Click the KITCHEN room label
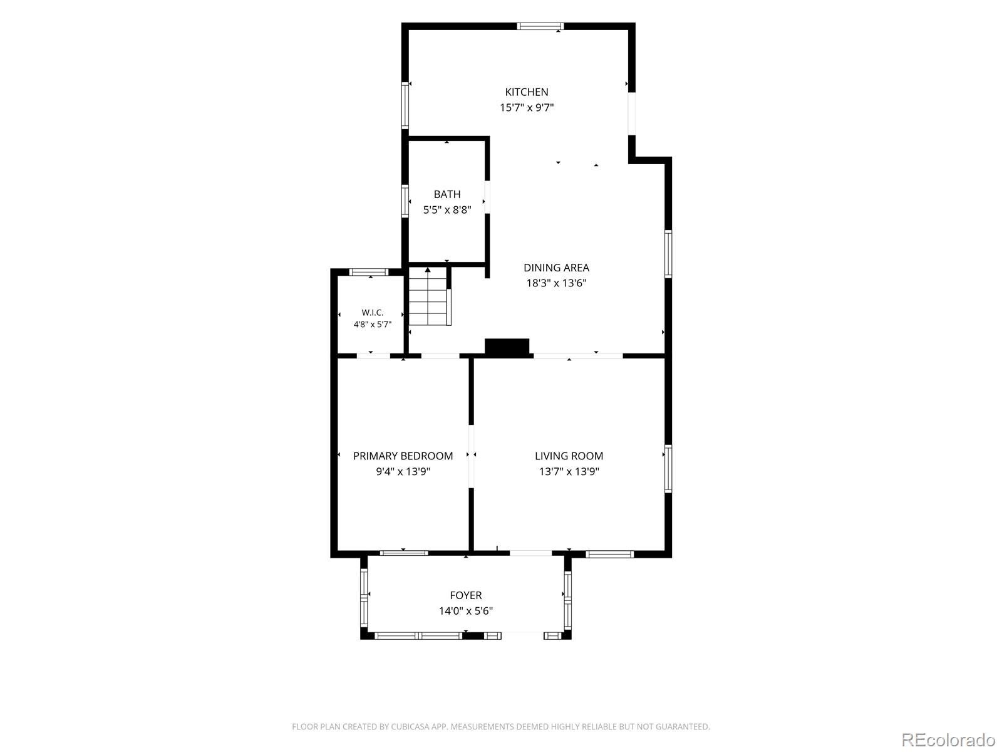click(x=526, y=92)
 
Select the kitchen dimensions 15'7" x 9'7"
click(x=526, y=108)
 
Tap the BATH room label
click(x=447, y=194)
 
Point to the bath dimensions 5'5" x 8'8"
click(x=447, y=210)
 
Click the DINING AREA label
click(x=556, y=268)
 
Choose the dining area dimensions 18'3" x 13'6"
click(x=556, y=283)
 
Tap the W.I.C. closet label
click(x=373, y=313)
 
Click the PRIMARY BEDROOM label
click(x=403, y=456)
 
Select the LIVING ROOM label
click(x=569, y=456)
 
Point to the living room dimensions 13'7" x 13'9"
click(x=569, y=472)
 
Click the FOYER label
click(x=466, y=595)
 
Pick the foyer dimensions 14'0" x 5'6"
click(x=466, y=611)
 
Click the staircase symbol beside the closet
click(x=429, y=297)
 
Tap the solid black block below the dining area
click(x=507, y=347)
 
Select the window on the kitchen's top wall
click(x=540, y=26)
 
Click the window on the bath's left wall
click(x=405, y=201)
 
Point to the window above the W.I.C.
click(x=369, y=272)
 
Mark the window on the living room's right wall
click(x=668, y=469)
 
